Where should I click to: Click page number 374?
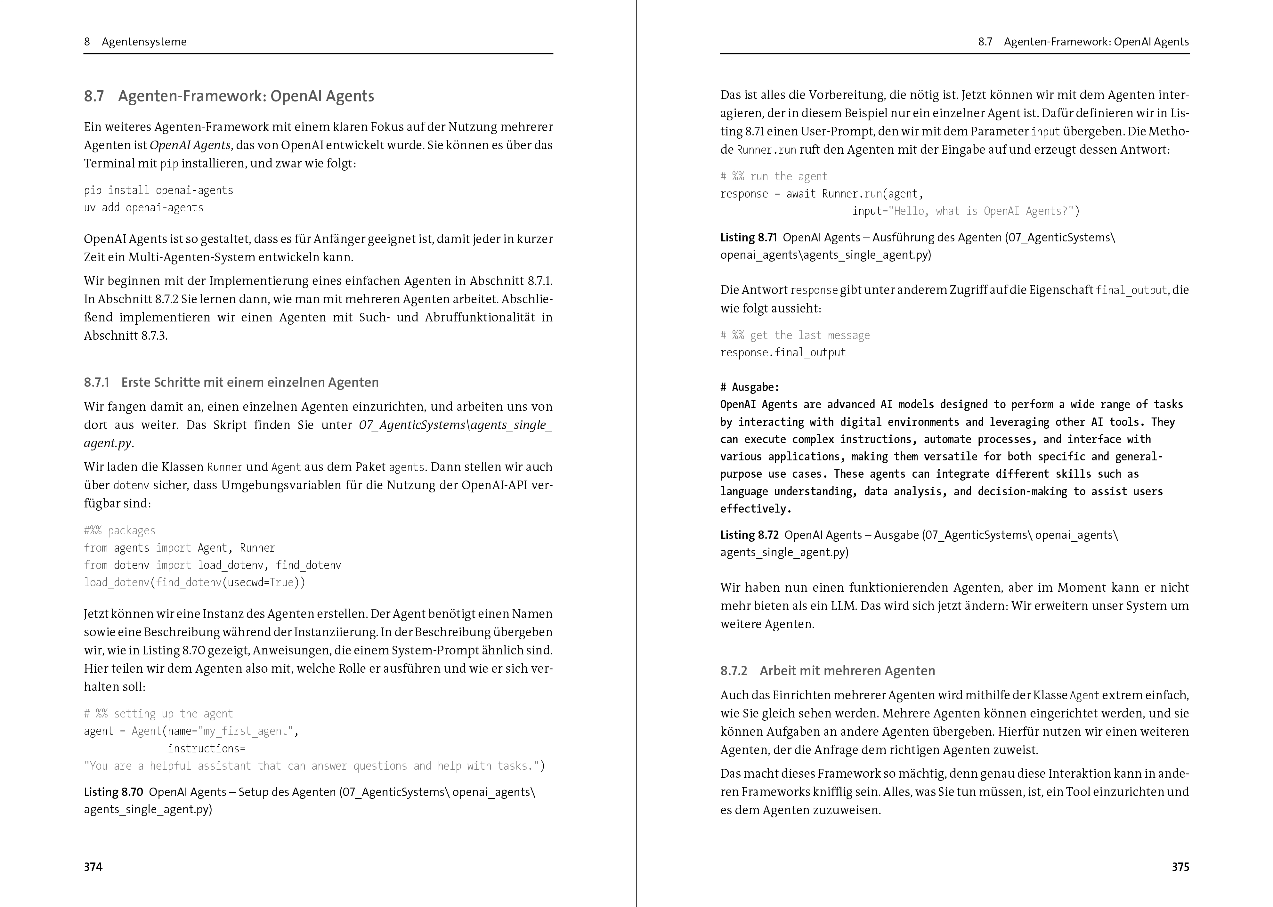coord(93,867)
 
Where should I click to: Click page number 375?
coord(1180,867)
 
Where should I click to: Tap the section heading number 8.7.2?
coord(734,671)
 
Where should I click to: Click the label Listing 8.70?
coord(113,792)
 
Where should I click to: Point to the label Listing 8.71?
coord(749,237)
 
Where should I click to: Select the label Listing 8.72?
coord(749,535)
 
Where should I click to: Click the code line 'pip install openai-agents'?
coord(158,190)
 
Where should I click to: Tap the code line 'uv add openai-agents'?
coord(143,208)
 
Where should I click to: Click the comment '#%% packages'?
coord(119,530)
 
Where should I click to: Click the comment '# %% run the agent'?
coord(774,176)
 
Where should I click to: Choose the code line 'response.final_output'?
coord(782,352)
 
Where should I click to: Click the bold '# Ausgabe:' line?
coord(750,387)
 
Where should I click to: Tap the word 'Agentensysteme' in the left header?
coord(144,42)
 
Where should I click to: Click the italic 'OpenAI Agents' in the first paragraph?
coord(190,145)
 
